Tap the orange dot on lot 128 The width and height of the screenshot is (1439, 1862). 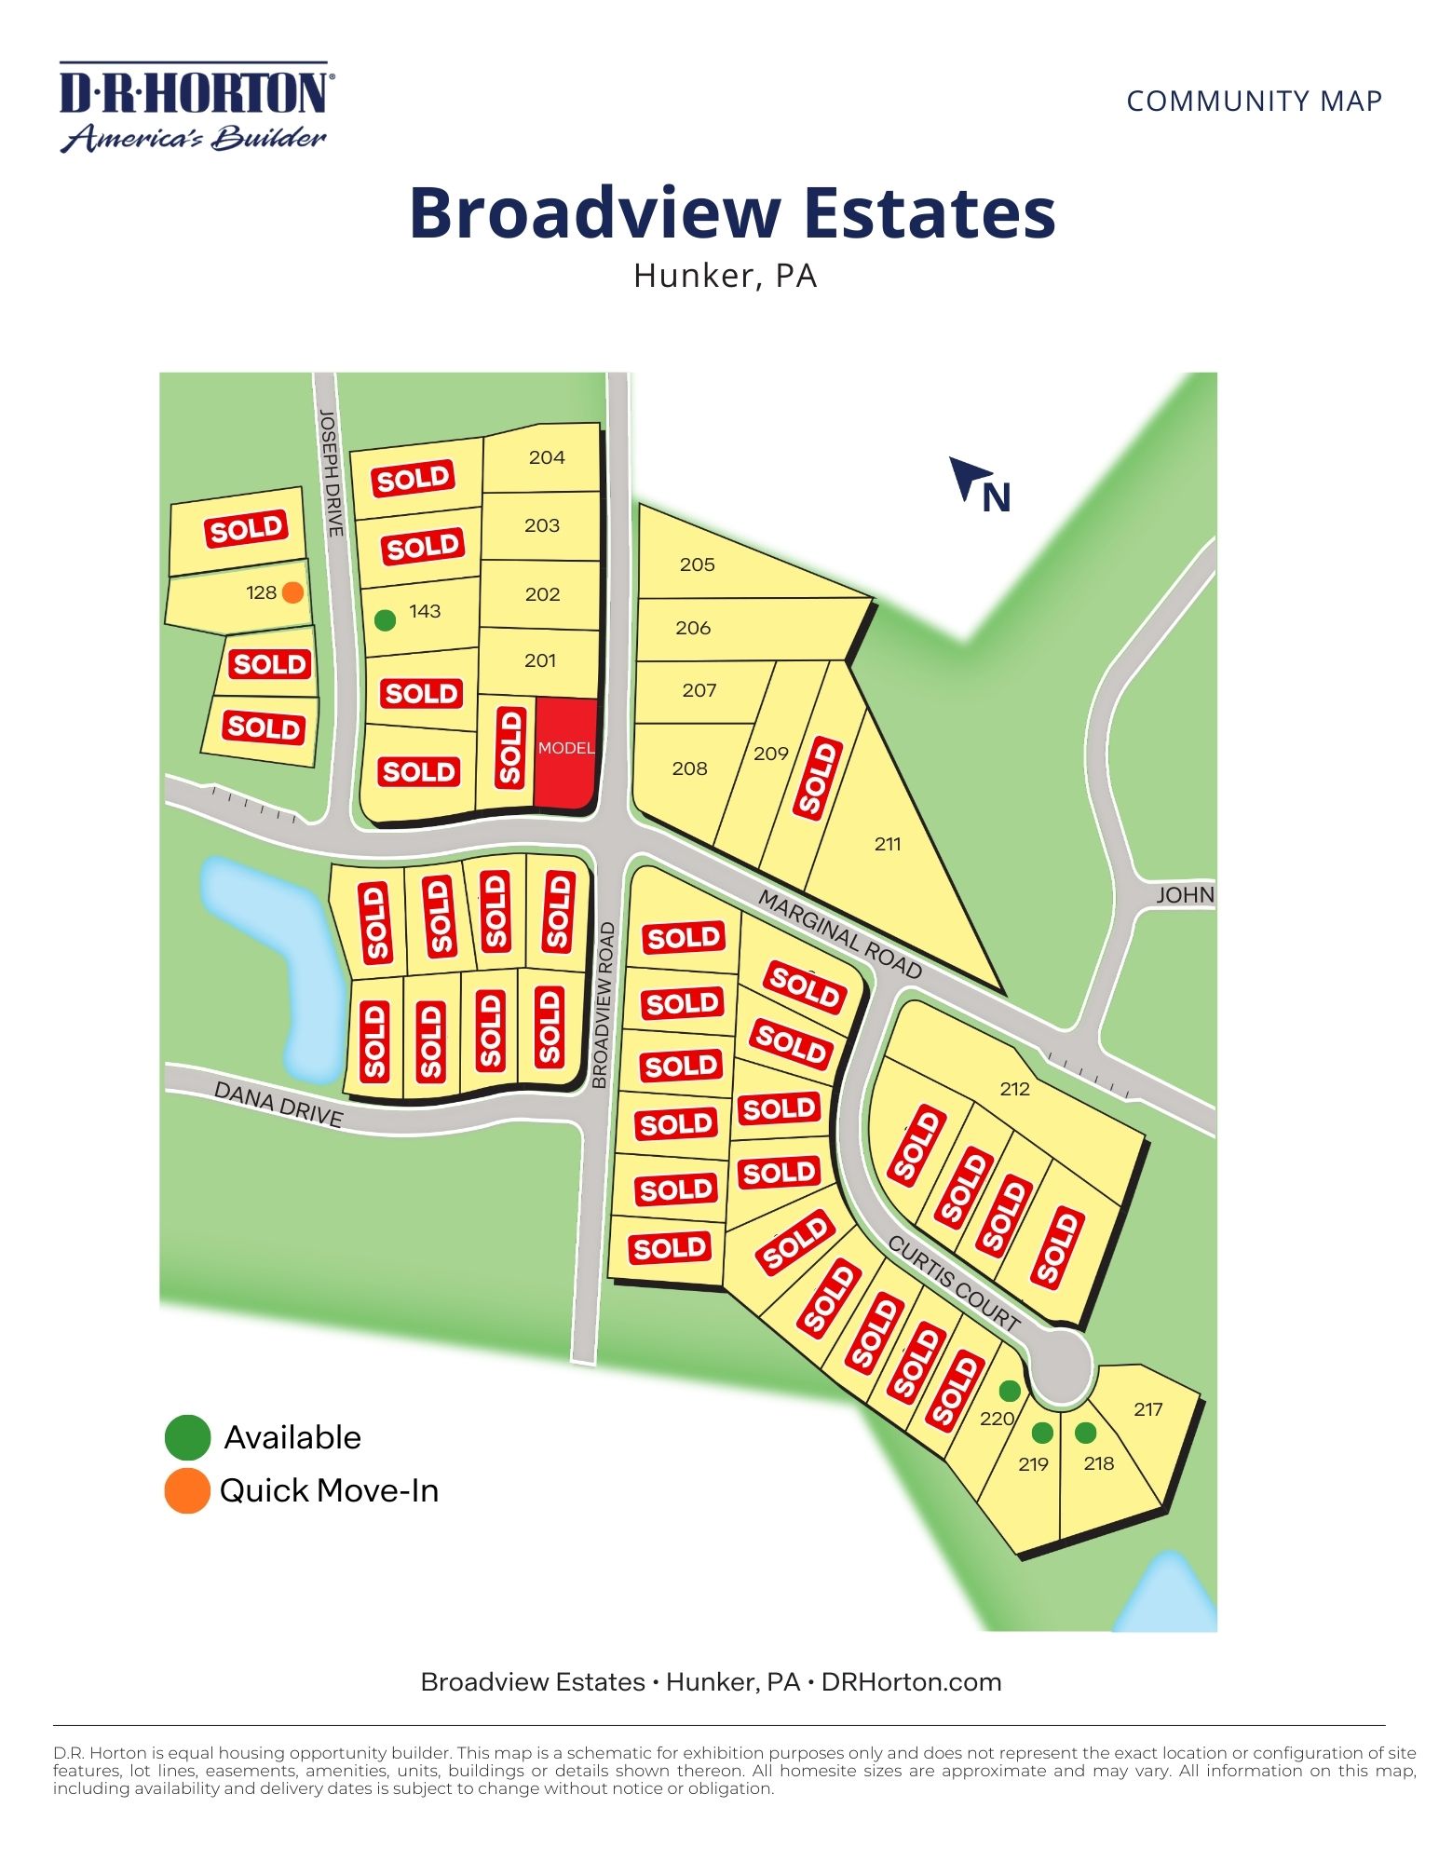[x=292, y=592]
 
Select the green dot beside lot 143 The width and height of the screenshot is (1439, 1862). [x=385, y=620]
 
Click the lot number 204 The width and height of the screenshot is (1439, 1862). [x=547, y=457]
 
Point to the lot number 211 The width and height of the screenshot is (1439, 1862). [x=888, y=844]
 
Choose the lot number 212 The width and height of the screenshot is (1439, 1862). [x=1014, y=1089]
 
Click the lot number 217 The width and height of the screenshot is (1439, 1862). [x=1148, y=1409]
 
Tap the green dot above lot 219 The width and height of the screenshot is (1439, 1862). [x=1043, y=1433]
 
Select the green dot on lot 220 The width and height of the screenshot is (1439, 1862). [x=1010, y=1391]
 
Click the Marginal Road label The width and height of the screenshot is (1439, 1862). [x=840, y=934]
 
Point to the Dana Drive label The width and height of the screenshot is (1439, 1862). [x=278, y=1104]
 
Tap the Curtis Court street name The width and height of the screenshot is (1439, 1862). [x=954, y=1283]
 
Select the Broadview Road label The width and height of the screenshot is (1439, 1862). [x=604, y=1005]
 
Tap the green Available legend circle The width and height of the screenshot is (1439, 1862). [x=187, y=1437]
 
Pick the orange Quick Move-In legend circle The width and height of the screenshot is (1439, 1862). [x=187, y=1491]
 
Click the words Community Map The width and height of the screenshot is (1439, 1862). [x=1254, y=101]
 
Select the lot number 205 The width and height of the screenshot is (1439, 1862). [x=697, y=564]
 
